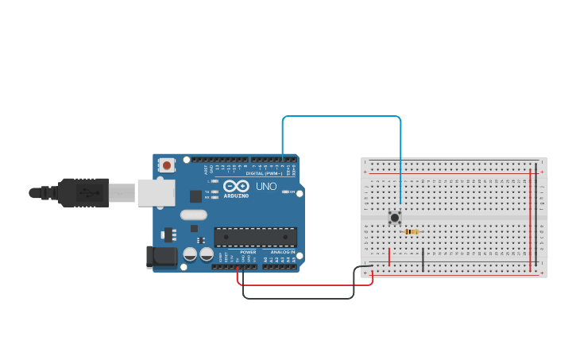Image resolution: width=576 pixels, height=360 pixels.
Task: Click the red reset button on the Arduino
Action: [x=166, y=165]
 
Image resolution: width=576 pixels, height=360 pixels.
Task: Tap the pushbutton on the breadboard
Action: [x=394, y=216]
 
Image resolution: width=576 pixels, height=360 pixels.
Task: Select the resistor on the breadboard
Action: [x=412, y=231]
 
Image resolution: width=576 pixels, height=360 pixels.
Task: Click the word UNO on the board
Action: [x=266, y=186]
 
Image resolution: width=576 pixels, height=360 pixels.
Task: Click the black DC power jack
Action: [x=161, y=256]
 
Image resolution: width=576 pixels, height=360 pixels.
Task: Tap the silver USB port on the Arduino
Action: [x=156, y=192]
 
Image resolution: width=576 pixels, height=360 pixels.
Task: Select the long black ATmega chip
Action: [x=255, y=237]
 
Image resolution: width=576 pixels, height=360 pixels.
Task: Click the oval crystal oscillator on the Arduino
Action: [x=193, y=215]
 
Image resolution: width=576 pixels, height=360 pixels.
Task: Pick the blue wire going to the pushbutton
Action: [x=342, y=116]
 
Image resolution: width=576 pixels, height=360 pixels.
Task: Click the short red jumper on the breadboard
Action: [x=389, y=257]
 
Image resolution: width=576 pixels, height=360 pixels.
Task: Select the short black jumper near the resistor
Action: [x=423, y=258]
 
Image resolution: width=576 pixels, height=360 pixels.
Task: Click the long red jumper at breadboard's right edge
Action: [x=530, y=215]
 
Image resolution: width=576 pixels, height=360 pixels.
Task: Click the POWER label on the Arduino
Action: [x=248, y=252]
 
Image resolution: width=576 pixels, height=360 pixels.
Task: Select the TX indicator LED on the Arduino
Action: [x=215, y=192]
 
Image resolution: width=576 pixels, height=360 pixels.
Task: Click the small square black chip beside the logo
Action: [x=195, y=195]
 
